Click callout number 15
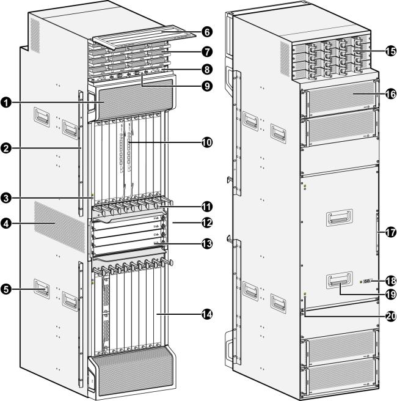click(x=390, y=51)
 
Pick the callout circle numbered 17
click(x=390, y=232)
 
